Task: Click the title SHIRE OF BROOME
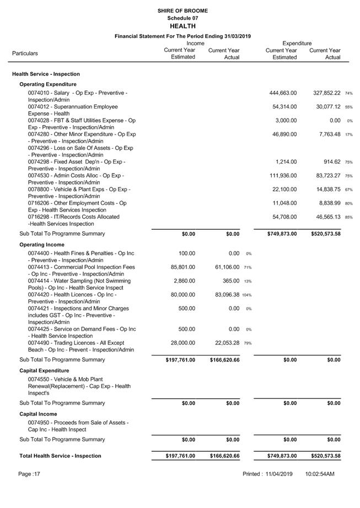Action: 182,10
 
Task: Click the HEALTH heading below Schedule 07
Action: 182,26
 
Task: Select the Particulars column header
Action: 25,53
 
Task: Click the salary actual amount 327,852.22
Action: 327,93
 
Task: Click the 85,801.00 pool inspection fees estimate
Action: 180,267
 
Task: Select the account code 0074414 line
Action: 79,281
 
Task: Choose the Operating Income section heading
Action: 42,244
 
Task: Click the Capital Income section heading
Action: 38,414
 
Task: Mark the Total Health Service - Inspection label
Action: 60,456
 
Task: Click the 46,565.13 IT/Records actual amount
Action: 327,217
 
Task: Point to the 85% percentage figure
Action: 349,218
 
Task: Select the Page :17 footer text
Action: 29,474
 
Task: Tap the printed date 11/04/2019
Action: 278,474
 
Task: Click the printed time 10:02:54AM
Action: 320,474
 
